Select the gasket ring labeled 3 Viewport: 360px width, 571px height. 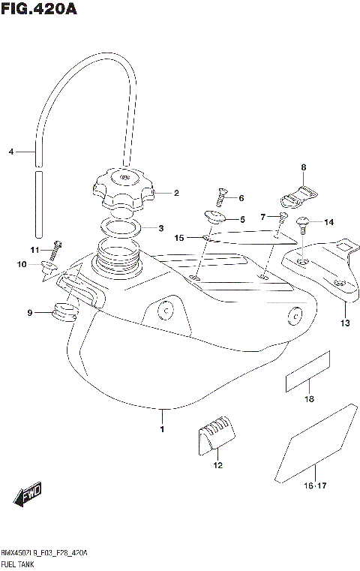[x=120, y=227]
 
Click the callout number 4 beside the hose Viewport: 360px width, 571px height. [x=11, y=152]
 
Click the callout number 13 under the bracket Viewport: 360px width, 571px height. [x=344, y=324]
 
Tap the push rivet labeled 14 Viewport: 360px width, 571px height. [x=304, y=222]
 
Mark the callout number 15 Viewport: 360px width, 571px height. [x=179, y=238]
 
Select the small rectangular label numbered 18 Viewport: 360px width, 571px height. [x=307, y=371]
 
